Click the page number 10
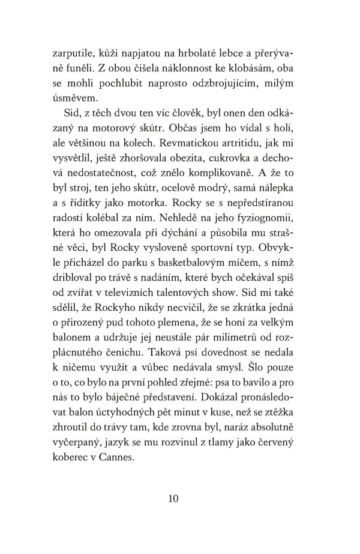tap(180, 498)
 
